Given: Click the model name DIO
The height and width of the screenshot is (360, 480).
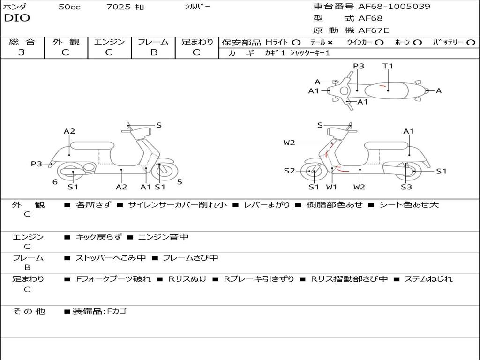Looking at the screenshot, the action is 16,18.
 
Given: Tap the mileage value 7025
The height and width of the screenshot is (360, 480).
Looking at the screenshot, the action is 119,7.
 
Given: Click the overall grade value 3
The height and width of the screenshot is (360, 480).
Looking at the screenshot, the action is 22,52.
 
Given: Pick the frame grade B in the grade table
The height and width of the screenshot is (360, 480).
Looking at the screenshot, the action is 153,52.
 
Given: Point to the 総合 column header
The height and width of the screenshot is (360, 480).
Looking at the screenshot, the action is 22,42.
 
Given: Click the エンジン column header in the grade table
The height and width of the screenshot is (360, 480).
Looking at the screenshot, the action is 109,42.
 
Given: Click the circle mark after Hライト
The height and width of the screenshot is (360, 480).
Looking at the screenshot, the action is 296,42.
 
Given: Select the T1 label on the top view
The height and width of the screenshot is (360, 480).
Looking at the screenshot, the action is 388,66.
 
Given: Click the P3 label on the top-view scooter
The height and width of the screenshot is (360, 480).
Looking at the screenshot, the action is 359,66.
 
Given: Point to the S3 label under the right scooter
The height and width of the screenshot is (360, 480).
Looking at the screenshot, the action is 406,187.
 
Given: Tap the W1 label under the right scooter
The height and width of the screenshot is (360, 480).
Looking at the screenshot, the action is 332,187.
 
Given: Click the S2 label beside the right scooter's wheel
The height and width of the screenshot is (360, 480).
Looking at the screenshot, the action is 289,171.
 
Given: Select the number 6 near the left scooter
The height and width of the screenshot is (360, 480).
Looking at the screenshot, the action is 55,182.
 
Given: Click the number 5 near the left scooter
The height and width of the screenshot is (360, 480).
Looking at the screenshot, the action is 180,182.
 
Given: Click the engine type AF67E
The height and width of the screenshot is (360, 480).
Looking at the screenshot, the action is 374,30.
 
